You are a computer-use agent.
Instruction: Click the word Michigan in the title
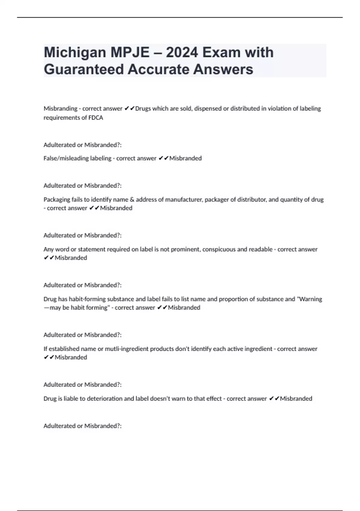point(75,53)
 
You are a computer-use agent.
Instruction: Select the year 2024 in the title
point(182,53)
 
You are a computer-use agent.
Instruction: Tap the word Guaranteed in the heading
point(84,69)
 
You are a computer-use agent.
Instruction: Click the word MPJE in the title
point(130,53)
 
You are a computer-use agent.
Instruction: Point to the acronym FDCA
point(96,118)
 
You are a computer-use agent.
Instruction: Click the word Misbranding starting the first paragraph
point(60,108)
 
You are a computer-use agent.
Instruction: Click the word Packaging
point(56,199)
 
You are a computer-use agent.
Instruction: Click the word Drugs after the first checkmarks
point(143,108)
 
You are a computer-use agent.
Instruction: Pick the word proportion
point(234,299)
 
